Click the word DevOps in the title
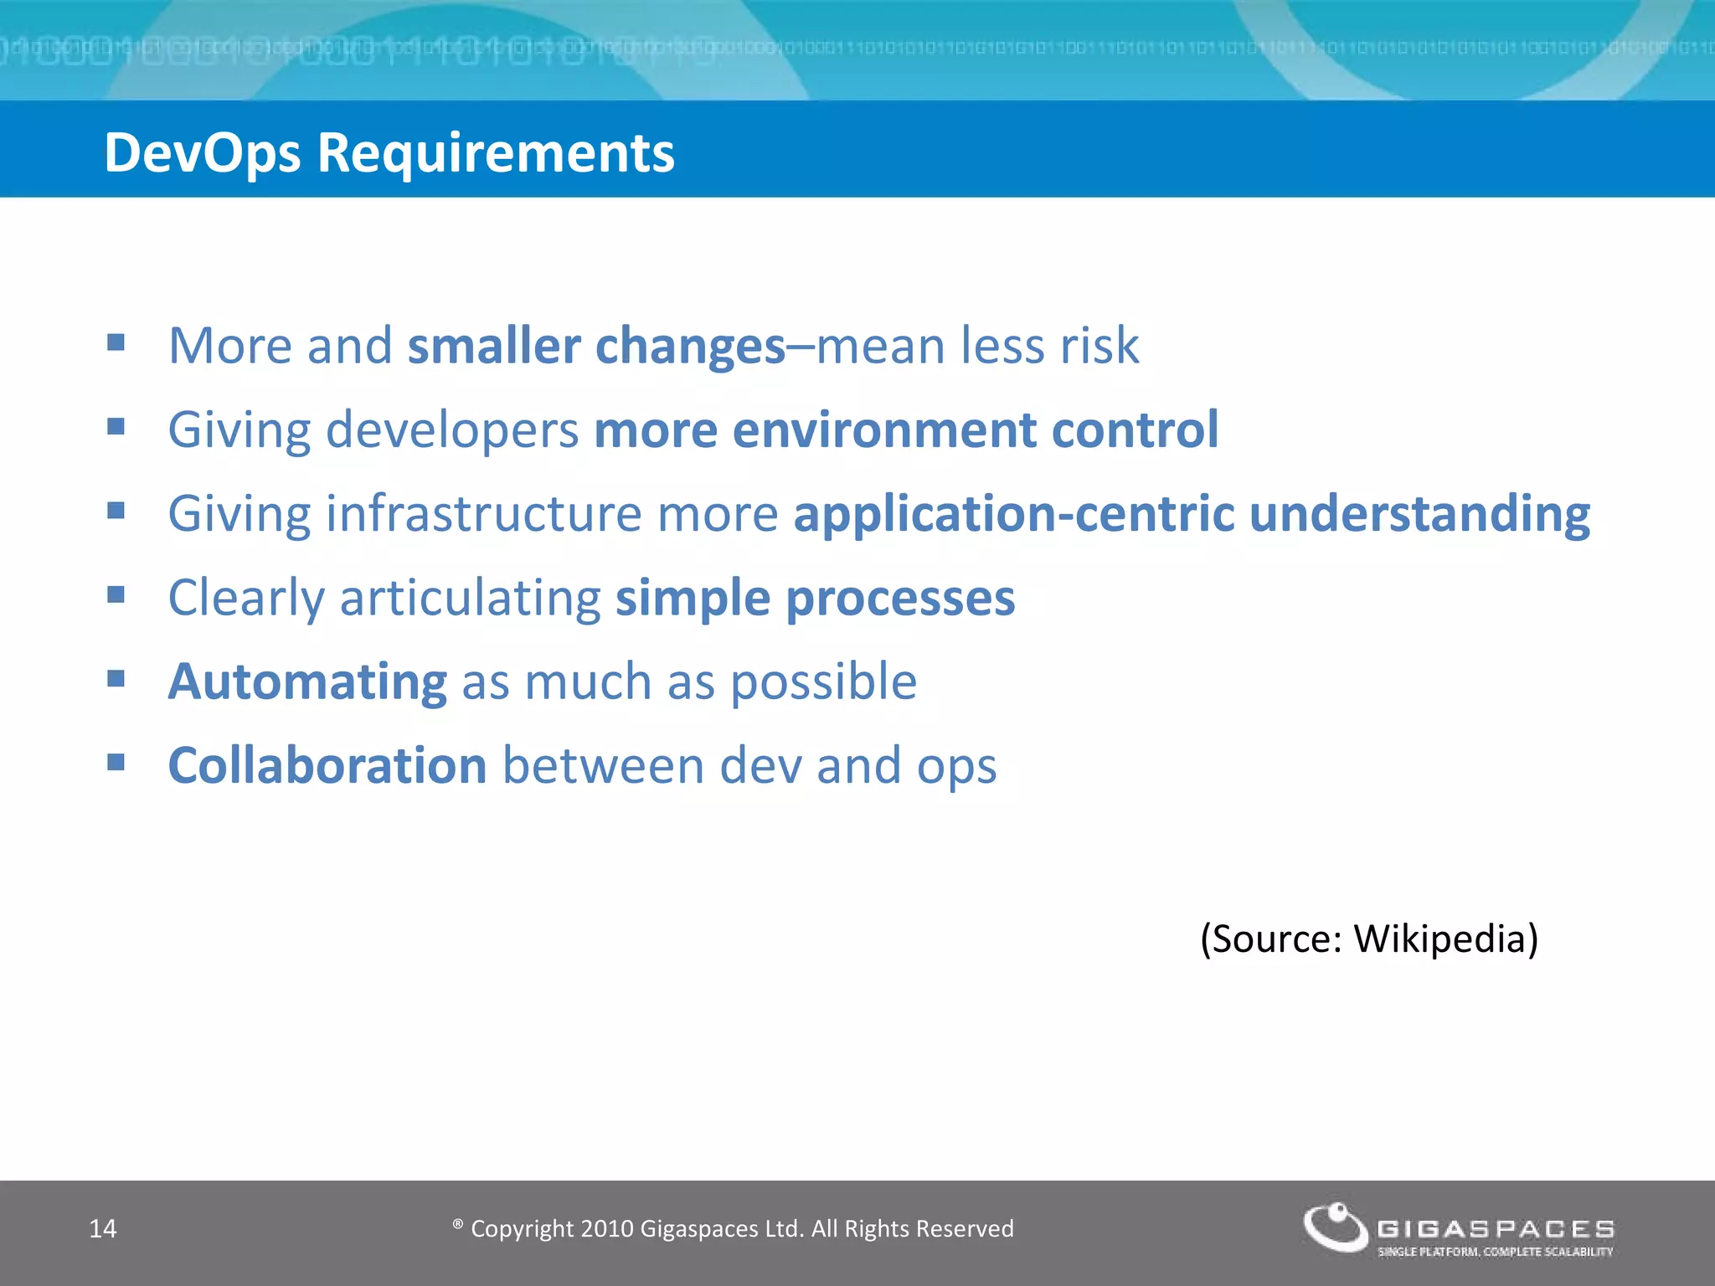(202, 153)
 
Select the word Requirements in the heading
(495, 153)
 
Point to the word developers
(452, 430)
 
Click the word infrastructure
(484, 513)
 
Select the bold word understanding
(1419, 513)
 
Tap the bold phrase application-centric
(1013, 513)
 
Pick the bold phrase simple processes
(815, 598)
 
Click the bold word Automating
(307, 682)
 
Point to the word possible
(824, 682)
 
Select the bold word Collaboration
(327, 765)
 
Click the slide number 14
(103, 1228)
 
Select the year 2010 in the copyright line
(607, 1228)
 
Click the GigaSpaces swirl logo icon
(1335, 1227)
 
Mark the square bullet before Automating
(116, 677)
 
